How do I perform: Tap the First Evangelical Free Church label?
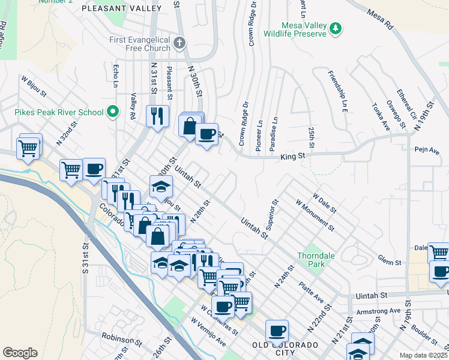click(x=140, y=44)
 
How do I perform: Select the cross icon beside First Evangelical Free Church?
click(x=179, y=43)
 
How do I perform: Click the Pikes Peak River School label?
click(x=59, y=112)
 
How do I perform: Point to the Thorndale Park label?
click(x=315, y=259)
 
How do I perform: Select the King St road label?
click(x=293, y=156)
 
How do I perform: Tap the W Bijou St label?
click(x=34, y=86)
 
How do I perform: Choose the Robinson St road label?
click(x=120, y=340)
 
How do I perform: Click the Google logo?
click(x=20, y=353)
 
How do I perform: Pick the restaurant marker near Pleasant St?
click(x=157, y=115)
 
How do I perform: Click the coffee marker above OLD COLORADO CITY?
click(x=277, y=330)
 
